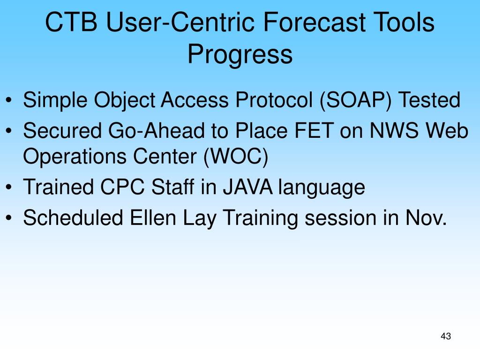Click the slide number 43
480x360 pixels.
(x=446, y=336)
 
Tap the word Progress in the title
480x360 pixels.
(x=240, y=54)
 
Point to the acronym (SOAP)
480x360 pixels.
(x=355, y=100)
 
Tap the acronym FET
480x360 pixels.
(x=314, y=131)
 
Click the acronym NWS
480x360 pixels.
(x=394, y=131)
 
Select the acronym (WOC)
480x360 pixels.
(x=236, y=157)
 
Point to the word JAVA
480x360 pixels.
(x=247, y=187)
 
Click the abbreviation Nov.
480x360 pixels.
(x=427, y=217)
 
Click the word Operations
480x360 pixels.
(x=75, y=157)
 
